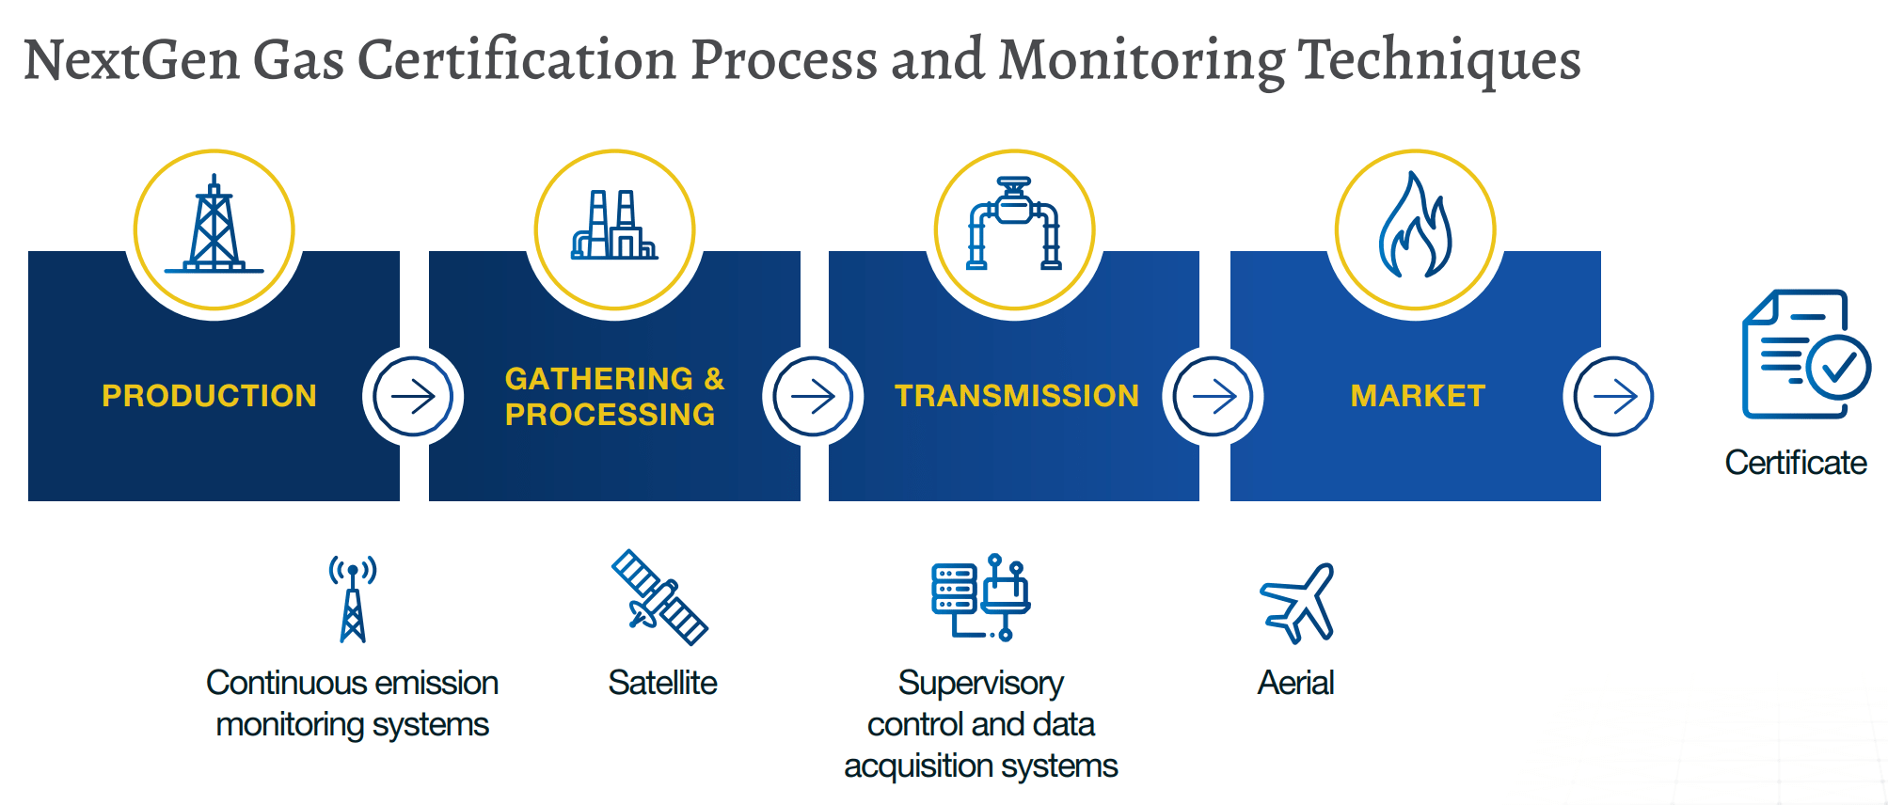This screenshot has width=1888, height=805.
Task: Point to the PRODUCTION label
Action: pos(209,396)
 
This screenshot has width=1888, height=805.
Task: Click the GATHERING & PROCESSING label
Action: pos(614,396)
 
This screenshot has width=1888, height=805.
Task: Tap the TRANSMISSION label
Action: pos(1017,396)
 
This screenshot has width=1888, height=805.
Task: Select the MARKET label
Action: pos(1418,396)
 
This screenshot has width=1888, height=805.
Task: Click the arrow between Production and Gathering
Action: pos(413,397)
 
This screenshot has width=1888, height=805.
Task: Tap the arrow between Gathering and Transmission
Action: pos(813,397)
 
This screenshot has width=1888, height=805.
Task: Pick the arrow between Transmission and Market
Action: pos(1214,397)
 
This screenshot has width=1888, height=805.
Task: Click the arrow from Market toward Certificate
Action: pos(1614,397)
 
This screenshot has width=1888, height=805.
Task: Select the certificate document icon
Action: pos(1806,354)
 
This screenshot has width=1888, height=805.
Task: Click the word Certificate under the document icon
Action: pos(1796,463)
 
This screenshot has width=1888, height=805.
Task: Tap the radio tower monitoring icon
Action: pos(353,599)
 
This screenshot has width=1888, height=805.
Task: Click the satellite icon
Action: pos(659,597)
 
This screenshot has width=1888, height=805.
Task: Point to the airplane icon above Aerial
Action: pos(1297,603)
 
